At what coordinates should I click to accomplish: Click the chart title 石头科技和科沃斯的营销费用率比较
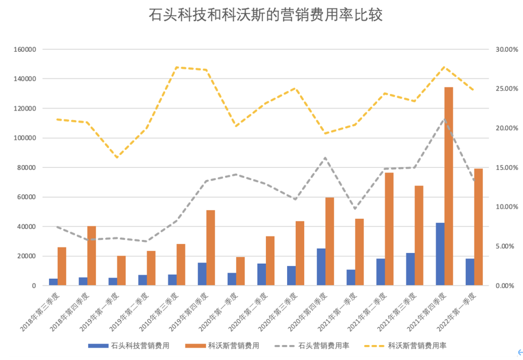tap(265, 15)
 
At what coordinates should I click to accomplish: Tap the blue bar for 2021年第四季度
tap(440, 254)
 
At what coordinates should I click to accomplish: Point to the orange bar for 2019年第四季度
tap(211, 248)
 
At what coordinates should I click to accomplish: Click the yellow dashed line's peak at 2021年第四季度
tap(445, 67)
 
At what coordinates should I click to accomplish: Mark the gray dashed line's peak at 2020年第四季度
tap(325, 158)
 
